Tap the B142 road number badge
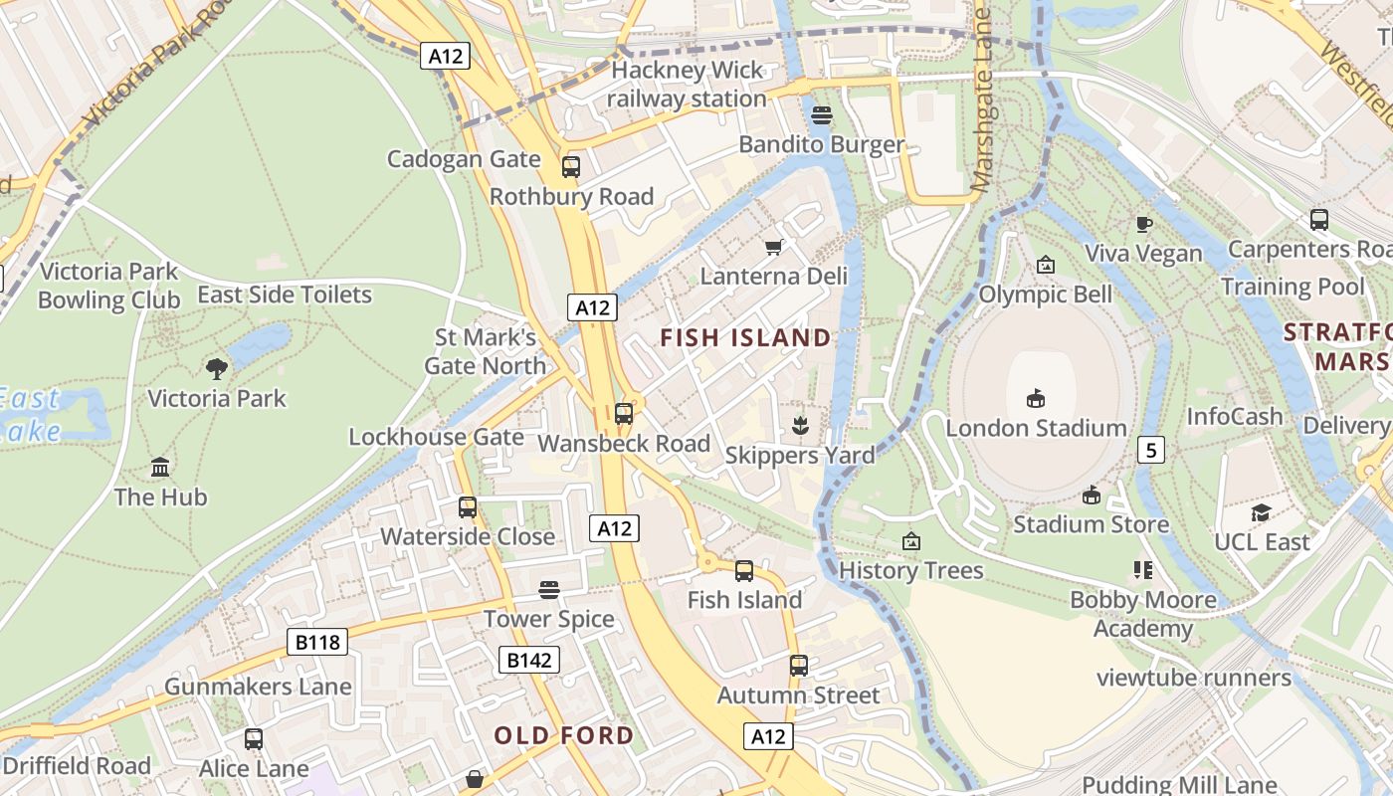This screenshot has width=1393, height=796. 528,659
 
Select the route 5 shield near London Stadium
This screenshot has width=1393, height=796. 1151,450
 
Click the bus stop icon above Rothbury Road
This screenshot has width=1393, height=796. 570,166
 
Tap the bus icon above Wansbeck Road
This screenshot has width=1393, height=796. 624,413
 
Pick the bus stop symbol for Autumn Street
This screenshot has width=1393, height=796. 799,665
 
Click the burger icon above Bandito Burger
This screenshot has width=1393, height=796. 822,114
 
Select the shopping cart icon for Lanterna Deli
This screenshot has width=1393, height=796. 773,246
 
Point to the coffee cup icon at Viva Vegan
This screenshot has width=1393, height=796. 1144,224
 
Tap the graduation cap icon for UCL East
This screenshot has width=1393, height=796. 1261,512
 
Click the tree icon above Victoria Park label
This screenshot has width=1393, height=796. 216,369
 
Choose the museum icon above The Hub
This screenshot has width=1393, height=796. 160,467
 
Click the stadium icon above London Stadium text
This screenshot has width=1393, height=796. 1036,398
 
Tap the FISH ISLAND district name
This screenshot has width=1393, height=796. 745,338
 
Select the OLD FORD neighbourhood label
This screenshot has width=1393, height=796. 564,735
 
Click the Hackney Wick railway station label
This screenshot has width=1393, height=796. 687,85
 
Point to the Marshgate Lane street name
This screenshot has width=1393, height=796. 982,99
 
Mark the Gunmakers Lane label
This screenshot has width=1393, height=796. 258,687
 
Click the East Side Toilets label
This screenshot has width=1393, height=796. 285,295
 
